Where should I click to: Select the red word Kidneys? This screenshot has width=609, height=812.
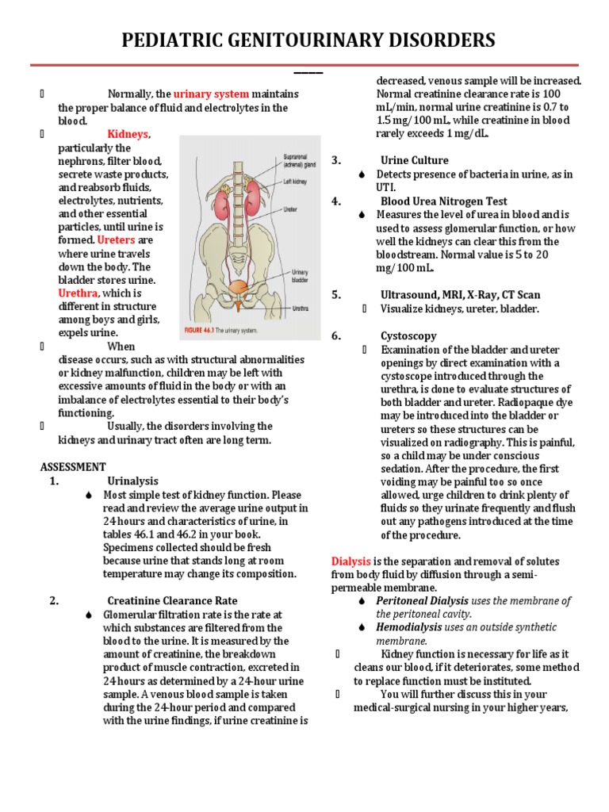click(128, 134)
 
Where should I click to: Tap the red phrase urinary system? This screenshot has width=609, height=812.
click(211, 94)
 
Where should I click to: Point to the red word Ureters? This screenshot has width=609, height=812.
click(116, 239)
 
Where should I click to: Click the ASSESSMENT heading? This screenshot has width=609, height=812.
click(72, 467)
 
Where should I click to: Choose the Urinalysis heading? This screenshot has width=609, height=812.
click(132, 481)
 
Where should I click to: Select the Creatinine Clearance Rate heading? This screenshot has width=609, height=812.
click(172, 600)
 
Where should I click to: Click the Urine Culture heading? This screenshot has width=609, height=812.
click(414, 160)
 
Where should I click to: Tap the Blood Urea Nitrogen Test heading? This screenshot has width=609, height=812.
click(444, 201)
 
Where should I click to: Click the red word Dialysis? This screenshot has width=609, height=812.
click(350, 561)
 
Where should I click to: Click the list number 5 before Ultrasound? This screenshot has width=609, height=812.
click(335, 295)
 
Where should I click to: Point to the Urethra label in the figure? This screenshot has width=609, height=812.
click(301, 308)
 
